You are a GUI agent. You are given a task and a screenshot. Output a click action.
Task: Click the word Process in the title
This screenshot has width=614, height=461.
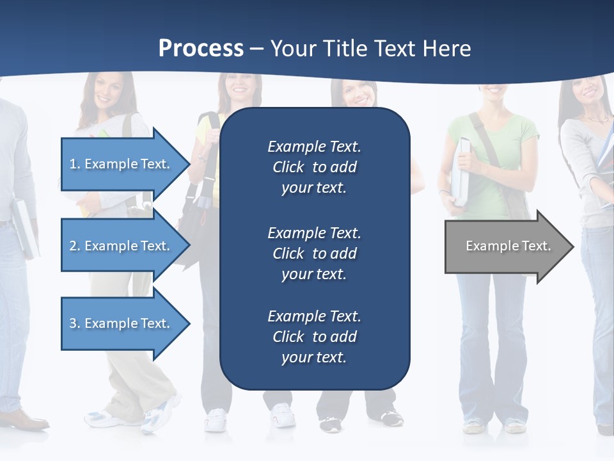click(201, 49)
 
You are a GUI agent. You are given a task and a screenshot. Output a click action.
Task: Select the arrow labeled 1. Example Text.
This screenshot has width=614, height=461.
click(122, 164)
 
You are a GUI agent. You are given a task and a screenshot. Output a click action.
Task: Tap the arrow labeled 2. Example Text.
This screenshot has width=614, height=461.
click(122, 246)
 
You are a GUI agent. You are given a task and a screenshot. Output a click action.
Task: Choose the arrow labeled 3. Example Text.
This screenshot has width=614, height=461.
click(122, 323)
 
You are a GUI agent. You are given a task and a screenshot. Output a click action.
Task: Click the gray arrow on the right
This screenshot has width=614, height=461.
click(505, 246)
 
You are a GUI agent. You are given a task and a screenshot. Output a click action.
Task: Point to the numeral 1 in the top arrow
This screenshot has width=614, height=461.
click(72, 164)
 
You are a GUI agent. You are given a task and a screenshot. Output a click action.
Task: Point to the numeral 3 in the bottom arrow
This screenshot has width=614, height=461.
click(73, 323)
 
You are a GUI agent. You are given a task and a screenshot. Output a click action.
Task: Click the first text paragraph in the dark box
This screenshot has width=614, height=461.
click(314, 167)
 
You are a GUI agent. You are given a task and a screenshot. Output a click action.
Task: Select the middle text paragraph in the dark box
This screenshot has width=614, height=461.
click(314, 254)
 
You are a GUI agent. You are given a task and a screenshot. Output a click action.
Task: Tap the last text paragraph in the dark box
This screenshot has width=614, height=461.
click(314, 337)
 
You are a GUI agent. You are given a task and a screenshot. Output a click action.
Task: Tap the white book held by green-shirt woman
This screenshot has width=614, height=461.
click(460, 170)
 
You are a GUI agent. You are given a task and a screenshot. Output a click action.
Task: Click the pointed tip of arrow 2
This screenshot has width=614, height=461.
click(188, 246)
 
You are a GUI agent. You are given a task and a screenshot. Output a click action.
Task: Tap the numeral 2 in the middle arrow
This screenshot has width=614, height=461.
click(73, 246)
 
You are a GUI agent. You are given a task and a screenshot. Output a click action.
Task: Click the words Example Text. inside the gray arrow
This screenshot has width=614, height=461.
click(508, 246)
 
